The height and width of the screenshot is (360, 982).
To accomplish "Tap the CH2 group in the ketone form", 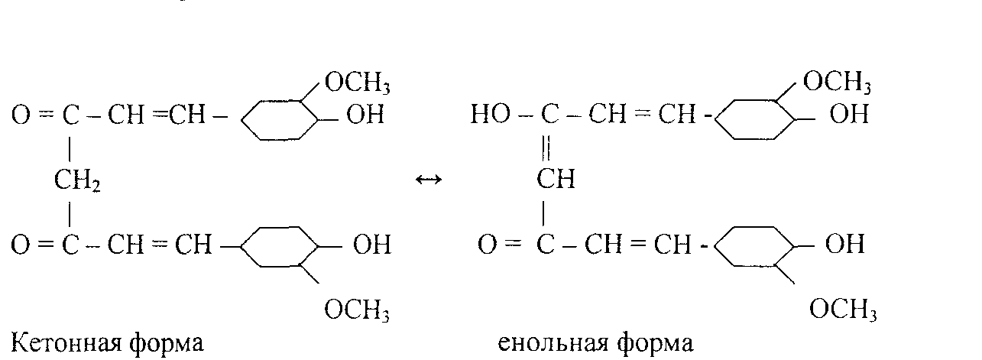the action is pos(77,181).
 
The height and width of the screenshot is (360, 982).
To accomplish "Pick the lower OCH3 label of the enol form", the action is pos(843,310).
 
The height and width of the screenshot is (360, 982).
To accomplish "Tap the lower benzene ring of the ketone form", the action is pos(280,246).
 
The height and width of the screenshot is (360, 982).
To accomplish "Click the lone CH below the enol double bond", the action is pos(556,180).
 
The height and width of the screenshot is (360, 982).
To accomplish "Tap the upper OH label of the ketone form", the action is pos(365,116).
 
